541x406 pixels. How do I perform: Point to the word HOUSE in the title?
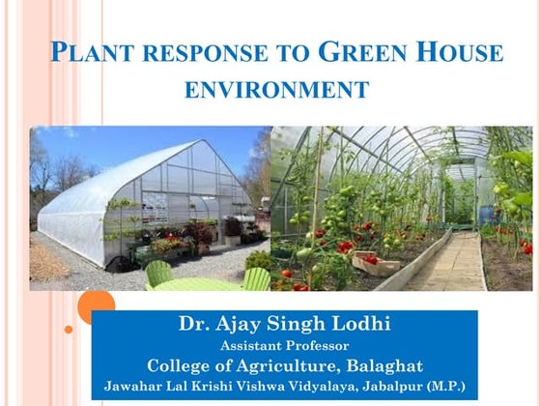[x=448, y=52]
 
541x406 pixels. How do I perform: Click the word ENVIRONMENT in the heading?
[x=276, y=91]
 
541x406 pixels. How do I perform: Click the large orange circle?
[x=96, y=307]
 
